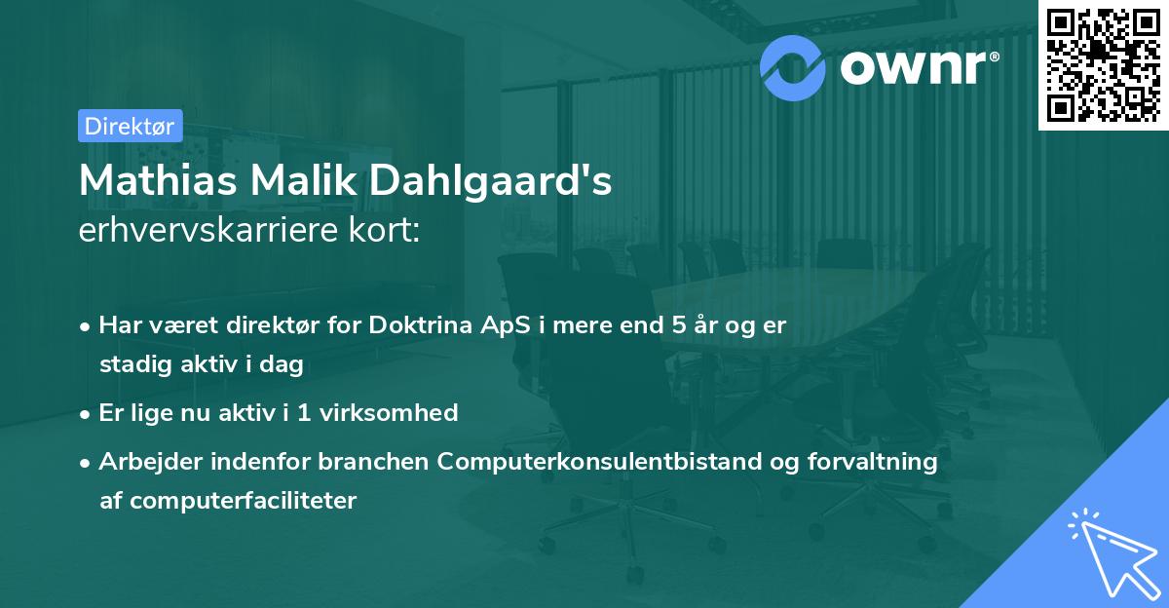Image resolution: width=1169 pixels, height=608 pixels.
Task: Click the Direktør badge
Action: tap(130, 126)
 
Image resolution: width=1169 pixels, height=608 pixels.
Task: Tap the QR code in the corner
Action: tap(1102, 65)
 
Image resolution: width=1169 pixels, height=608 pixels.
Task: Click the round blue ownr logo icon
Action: tap(793, 66)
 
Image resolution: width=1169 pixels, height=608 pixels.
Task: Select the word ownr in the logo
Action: tap(917, 67)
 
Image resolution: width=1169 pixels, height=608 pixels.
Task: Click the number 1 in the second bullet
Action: tap(304, 413)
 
